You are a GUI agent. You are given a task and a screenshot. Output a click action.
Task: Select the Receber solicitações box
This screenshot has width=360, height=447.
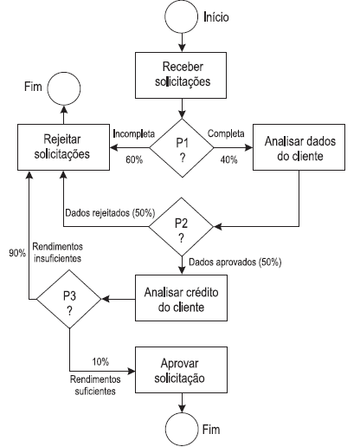(181, 75)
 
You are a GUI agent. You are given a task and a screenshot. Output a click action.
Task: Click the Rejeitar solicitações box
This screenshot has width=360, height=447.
(63, 147)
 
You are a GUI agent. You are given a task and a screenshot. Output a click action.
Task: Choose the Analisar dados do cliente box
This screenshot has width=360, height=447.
(299, 147)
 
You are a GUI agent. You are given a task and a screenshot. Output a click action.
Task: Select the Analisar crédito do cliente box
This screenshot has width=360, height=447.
(181, 298)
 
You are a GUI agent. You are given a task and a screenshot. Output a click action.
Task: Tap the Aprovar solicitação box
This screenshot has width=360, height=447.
(181, 370)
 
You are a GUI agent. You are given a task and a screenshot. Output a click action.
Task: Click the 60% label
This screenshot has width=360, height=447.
(134, 159)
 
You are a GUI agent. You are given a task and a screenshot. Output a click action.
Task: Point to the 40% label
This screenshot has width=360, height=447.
(228, 159)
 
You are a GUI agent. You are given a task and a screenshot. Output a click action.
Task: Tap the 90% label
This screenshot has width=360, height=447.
(17, 253)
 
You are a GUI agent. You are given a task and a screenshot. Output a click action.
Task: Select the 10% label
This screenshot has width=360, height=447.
(100, 361)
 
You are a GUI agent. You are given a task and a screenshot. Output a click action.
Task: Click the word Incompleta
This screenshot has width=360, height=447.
(134, 133)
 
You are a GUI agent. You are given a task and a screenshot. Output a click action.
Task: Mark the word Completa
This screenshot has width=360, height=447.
(226, 133)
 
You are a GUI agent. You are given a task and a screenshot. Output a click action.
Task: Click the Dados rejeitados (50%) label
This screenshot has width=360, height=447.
(110, 213)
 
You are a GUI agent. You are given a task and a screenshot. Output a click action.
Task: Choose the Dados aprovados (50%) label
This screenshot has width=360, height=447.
(235, 262)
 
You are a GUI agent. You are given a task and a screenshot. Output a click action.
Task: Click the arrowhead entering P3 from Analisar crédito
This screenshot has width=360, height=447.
(106, 299)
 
